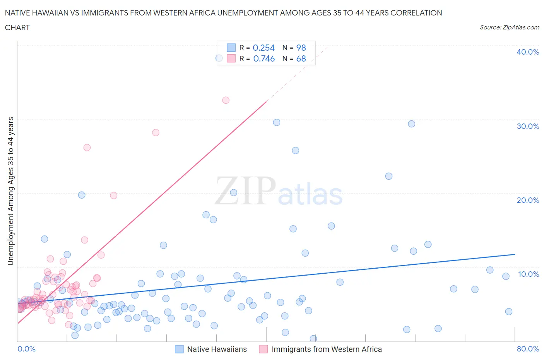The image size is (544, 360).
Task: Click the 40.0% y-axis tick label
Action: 527,52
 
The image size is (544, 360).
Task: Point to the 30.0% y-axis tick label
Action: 527,126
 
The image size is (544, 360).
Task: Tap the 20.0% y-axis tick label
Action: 527,200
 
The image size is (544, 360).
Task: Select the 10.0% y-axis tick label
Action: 528,274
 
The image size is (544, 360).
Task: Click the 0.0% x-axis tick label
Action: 26,349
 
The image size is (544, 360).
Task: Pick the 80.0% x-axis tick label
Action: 528,349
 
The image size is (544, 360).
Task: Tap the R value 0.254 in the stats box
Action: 263,48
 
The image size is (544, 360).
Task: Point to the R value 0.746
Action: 264,58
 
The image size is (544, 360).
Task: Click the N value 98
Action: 301,48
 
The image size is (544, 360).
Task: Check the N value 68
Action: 301,58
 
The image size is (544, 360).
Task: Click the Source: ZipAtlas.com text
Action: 509,27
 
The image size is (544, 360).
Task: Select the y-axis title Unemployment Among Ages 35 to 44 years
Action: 11,191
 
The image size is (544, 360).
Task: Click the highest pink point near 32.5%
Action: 226,100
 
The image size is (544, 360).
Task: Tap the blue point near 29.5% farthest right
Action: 411,124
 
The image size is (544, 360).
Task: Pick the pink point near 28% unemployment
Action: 156,132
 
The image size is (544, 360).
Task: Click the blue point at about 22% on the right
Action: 389,176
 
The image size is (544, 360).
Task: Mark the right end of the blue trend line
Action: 515,254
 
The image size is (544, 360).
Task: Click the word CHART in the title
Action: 17,27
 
